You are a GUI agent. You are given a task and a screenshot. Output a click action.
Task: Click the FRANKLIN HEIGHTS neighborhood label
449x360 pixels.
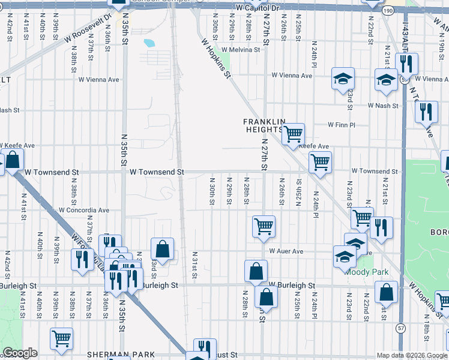tap(262, 125)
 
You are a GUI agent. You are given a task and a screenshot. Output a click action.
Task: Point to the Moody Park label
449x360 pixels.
tap(367, 272)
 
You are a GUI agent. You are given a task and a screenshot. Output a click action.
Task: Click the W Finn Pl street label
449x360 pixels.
tap(342, 125)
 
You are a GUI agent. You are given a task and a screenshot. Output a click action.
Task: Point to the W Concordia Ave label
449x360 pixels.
tap(84, 211)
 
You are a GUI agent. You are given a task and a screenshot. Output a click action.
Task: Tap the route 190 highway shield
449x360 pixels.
tap(405, 11)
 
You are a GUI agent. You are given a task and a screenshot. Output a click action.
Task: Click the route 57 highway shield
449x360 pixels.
tap(400, 328)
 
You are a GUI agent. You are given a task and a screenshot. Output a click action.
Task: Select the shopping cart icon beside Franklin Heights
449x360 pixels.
tap(292, 134)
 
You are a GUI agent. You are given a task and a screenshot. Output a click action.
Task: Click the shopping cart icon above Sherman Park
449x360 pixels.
tap(61, 338)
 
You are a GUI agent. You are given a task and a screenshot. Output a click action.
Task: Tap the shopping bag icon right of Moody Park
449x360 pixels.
tap(386, 292)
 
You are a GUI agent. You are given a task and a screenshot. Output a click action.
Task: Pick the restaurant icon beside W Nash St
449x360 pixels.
tap(426, 112)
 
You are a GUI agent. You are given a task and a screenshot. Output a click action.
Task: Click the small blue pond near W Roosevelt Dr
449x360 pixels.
tap(148, 43)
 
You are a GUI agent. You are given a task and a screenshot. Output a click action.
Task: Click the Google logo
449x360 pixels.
tap(20, 353)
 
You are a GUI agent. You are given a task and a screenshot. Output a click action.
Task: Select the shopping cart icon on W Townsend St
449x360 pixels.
tap(320, 161)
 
